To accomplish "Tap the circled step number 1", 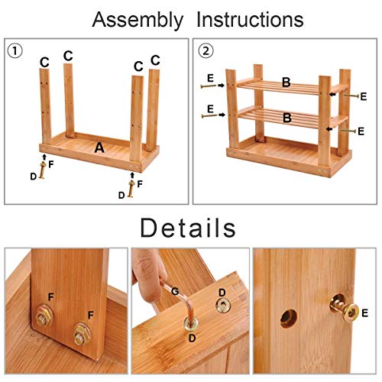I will tap(15, 53).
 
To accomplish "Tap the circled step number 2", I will tap(205, 53).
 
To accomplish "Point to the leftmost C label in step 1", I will tap(44, 61).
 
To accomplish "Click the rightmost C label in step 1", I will tap(155, 60).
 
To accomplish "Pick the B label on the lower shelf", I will tap(286, 118).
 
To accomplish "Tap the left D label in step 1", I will tap(33, 176).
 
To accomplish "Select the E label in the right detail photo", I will tap(366, 312).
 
